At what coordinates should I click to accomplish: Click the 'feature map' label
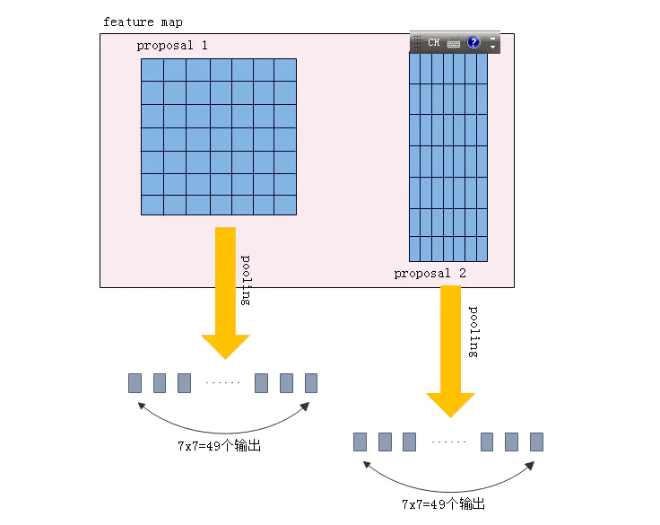tap(143, 22)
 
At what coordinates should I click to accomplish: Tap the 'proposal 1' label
tap(172, 45)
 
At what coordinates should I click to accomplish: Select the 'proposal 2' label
tap(430, 274)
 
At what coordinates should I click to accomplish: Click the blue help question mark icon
tap(473, 42)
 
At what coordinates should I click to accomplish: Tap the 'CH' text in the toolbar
tap(434, 42)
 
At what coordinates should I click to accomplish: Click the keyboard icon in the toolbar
tap(454, 42)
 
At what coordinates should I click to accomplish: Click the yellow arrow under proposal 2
tap(450, 350)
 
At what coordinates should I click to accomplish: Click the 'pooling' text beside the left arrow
tap(247, 280)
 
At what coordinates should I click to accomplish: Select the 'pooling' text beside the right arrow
tap(474, 332)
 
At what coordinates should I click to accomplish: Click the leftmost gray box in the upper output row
tap(135, 383)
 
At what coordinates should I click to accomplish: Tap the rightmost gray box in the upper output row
tap(311, 383)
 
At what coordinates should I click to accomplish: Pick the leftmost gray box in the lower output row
tap(360, 442)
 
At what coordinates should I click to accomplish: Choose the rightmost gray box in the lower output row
tap(536, 442)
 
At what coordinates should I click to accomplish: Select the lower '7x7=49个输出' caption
tap(443, 503)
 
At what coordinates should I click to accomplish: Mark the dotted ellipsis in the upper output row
tap(222, 383)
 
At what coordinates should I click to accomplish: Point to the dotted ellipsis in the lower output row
tap(448, 442)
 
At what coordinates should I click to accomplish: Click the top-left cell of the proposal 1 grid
tap(152, 70)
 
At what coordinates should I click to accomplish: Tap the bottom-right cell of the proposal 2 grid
tap(482, 249)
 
